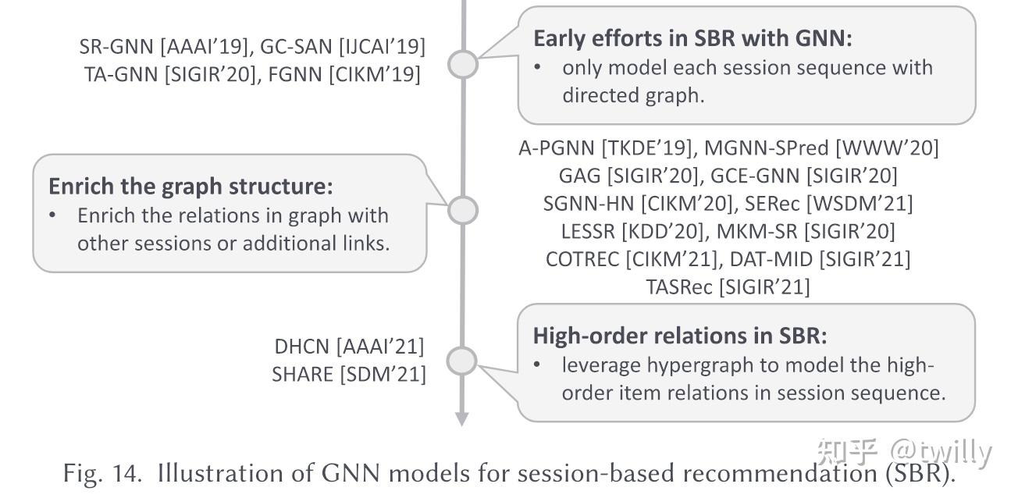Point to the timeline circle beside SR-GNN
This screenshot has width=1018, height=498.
463,64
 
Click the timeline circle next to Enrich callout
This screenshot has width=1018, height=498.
463,209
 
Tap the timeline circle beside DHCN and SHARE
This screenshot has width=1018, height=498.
463,361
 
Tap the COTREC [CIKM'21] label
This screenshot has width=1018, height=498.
633,258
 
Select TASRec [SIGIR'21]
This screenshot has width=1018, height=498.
728,286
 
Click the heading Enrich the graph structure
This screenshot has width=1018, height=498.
190,186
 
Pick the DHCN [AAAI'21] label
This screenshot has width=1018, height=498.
349,346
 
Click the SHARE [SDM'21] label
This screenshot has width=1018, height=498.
349,375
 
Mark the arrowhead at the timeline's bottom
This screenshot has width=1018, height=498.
462,419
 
